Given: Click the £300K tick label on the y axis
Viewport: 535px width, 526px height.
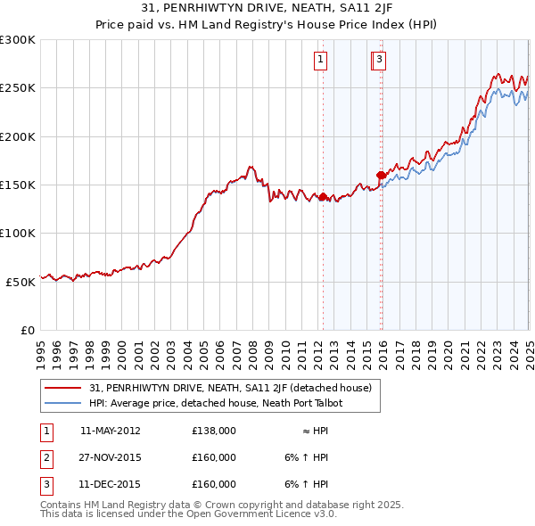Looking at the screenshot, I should click(18, 41).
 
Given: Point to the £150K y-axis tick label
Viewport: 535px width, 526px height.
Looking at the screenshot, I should click(18, 185).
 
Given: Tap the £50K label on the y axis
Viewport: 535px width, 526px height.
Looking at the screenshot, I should click(21, 282).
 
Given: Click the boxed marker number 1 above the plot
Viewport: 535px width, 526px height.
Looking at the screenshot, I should click(319, 61).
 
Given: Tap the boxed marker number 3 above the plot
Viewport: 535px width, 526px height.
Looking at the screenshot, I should click(379, 61).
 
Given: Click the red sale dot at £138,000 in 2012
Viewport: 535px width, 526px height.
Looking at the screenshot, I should click(323, 197).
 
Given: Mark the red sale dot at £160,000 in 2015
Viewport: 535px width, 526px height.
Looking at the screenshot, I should click(381, 176).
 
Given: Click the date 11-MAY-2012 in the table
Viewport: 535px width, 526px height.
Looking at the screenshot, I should click(111, 431).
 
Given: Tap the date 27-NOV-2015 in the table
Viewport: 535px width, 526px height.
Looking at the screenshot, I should click(111, 458).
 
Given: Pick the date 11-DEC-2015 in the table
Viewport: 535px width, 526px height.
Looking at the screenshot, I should click(111, 485).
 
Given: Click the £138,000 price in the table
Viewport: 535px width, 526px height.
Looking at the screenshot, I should click(214, 431).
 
